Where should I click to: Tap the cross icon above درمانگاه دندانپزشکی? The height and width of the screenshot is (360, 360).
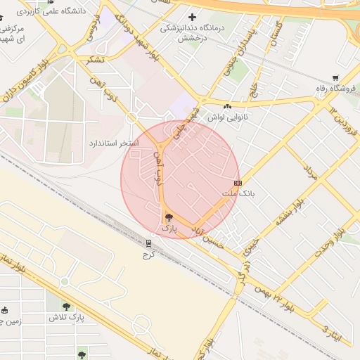[x=193, y=17]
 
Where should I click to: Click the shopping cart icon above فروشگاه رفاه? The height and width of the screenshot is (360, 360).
[x=336, y=78]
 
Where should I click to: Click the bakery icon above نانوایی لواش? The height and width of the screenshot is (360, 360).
[x=227, y=106]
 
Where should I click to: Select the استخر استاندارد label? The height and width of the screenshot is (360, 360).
[x=113, y=143]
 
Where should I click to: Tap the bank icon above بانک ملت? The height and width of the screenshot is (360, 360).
[x=237, y=183]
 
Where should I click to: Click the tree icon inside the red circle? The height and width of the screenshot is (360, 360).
[x=167, y=217]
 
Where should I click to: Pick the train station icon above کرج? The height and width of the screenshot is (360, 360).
[x=148, y=243]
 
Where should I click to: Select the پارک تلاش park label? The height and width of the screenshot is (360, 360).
[x=66, y=317]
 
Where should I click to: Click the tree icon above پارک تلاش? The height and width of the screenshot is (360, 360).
[x=66, y=307]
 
